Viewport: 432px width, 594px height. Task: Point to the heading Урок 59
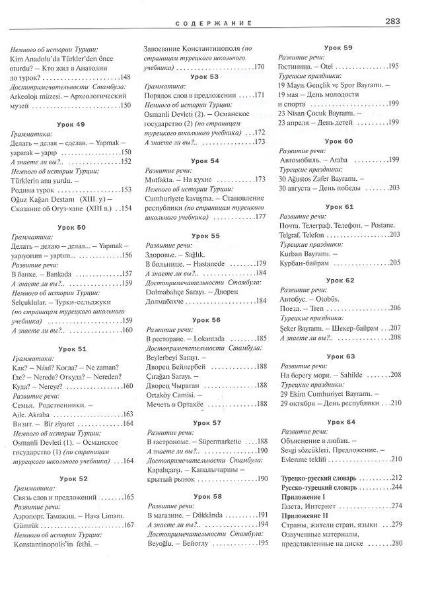(339, 48)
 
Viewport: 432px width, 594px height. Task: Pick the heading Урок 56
(206, 320)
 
